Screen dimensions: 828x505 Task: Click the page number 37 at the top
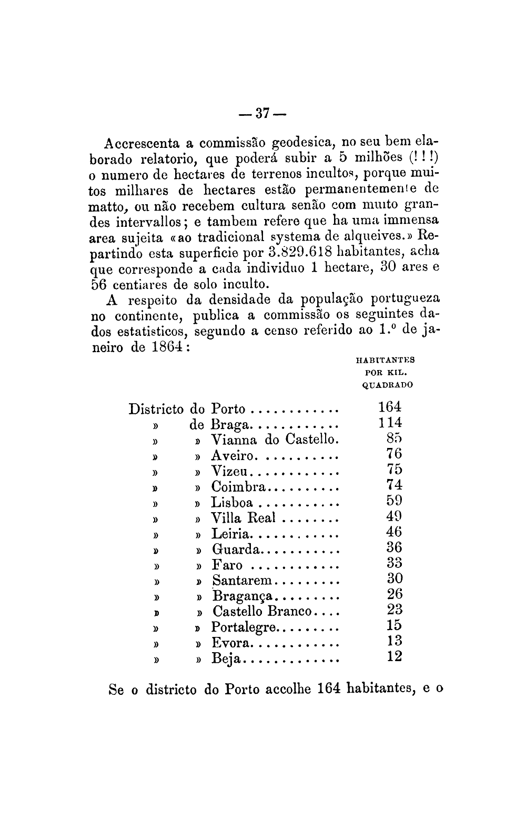(260, 113)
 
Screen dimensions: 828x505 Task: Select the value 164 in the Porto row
(390, 407)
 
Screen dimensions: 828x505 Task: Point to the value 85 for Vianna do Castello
(394, 438)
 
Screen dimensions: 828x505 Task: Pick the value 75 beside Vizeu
(394, 469)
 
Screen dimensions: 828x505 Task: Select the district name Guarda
(236, 550)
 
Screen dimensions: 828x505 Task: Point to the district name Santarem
(242, 581)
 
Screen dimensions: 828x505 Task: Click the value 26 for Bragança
(394, 594)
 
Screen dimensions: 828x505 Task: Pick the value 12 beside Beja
(394, 656)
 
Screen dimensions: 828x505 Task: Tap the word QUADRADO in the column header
(388, 385)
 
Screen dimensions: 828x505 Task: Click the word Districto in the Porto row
(156, 409)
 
